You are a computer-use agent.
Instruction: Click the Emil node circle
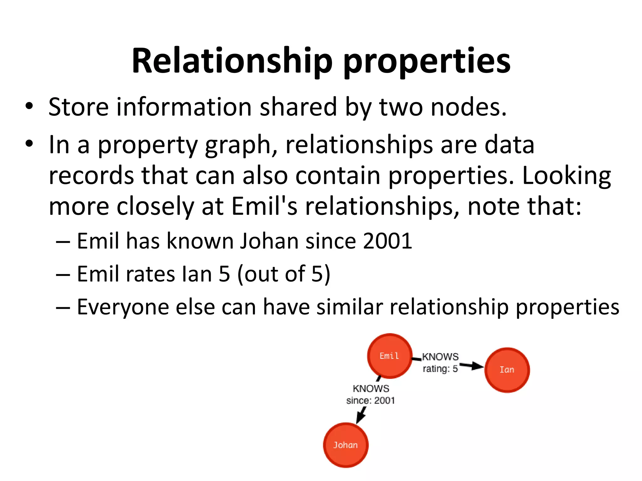tap(390, 356)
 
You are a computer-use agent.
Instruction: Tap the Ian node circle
tap(507, 370)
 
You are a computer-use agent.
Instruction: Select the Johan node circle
tap(345, 445)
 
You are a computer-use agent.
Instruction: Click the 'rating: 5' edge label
tap(440, 369)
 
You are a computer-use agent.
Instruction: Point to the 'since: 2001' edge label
tap(371, 401)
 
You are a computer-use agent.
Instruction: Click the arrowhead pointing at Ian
tap(477, 366)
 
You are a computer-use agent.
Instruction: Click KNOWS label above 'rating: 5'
tap(440, 357)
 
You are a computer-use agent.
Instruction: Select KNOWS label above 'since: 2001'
tap(371, 389)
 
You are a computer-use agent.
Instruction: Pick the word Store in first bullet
tap(78, 107)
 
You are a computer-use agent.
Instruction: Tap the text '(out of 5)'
tap(284, 274)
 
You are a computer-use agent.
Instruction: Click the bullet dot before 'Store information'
tap(29, 106)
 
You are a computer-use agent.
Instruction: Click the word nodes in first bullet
tap(468, 107)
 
